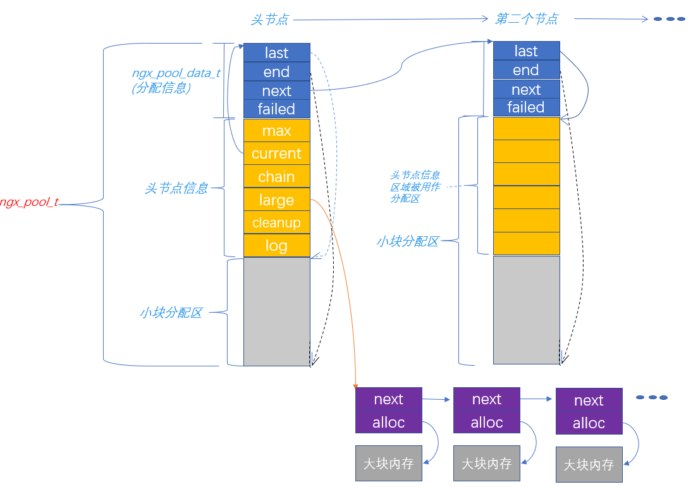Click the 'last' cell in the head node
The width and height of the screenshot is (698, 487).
pos(276,52)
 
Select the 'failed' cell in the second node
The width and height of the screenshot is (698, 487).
pos(526,107)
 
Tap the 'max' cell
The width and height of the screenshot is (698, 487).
pos(276,131)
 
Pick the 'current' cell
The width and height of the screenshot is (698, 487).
pos(276,153)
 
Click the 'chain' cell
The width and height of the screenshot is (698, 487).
pos(276,177)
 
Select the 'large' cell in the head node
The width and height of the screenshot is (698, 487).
pos(276,200)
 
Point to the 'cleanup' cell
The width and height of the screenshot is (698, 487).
pos(276,222)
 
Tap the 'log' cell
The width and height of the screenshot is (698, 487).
pos(276,246)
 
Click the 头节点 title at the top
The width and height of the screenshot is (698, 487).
pos(269,20)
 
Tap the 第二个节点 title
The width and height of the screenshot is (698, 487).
pos(526,19)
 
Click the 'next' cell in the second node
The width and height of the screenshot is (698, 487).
pos(526,89)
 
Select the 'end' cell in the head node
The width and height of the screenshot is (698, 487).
pos(276,71)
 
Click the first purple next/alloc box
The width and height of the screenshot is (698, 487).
pos(388,411)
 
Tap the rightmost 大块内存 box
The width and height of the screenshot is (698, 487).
pos(589,465)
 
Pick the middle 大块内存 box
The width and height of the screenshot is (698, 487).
pos(486,464)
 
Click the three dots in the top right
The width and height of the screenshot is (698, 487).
pos(669,19)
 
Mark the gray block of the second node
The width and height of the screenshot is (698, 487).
pos(526,310)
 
